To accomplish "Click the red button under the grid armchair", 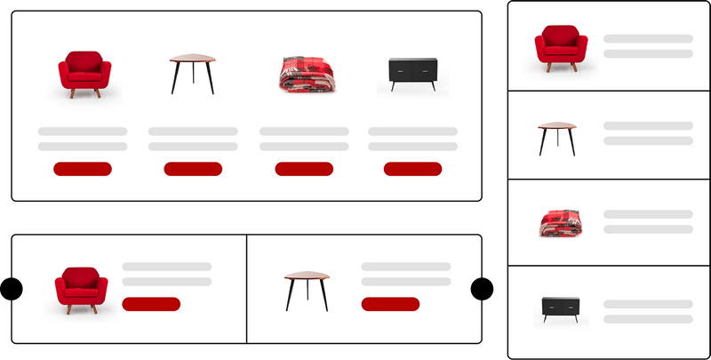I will pos(83,169).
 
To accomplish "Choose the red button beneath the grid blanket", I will pos(304,169).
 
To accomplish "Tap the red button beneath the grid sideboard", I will pos(412,169).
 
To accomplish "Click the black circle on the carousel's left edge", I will pos(10,289).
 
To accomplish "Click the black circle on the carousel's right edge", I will pos(482,289).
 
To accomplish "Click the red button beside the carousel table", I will pos(390,304).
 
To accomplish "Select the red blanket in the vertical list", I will pos(560,222).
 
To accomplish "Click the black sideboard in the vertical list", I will pos(560,310).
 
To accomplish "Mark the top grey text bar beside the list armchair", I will pos(648,39).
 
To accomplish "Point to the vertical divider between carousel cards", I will pos(246,288).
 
